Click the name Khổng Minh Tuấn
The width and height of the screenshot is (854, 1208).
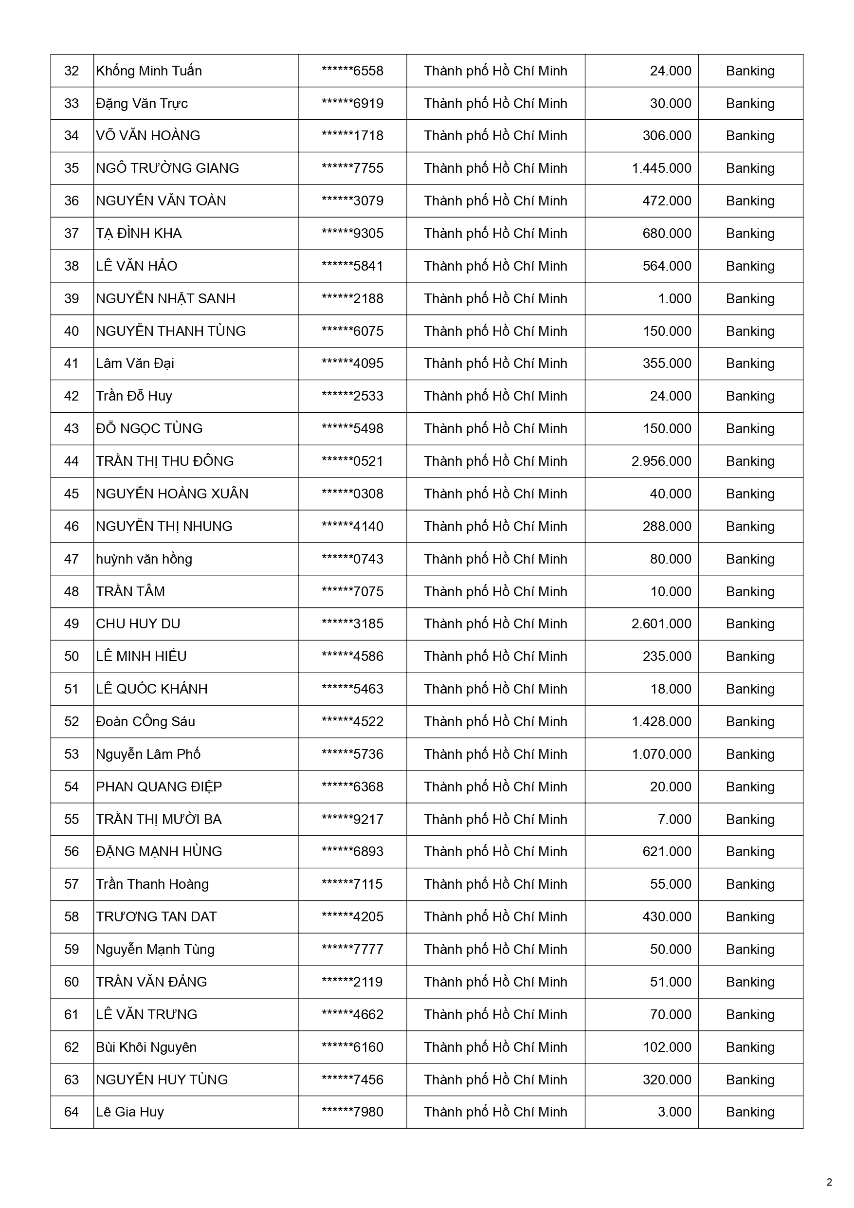pyautogui.click(x=149, y=71)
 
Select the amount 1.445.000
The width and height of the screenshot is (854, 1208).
pyautogui.click(x=661, y=168)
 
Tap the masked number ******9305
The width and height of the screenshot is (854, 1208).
pyautogui.click(x=352, y=234)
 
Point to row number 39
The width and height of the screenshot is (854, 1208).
pyautogui.click(x=72, y=299)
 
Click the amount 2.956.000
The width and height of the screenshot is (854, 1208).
pyautogui.click(x=661, y=461)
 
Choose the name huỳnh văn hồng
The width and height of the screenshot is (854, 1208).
pyautogui.click(x=144, y=559)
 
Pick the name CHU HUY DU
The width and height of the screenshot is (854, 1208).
pyautogui.click(x=138, y=624)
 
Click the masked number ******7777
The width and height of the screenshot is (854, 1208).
pyautogui.click(x=352, y=950)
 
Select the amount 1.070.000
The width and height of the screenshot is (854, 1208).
pyautogui.click(x=661, y=754)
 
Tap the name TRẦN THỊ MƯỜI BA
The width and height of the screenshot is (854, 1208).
pyautogui.click(x=159, y=820)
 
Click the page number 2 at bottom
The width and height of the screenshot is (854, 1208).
pyautogui.click(x=829, y=1182)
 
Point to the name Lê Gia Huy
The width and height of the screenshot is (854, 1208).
pyautogui.click(x=130, y=1112)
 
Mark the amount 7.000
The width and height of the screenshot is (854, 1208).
pyautogui.click(x=674, y=820)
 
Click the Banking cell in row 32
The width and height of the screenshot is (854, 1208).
pyautogui.click(x=750, y=71)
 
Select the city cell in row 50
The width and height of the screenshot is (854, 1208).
pyautogui.click(x=496, y=657)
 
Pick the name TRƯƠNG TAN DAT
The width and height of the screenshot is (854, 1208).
pyautogui.click(x=156, y=917)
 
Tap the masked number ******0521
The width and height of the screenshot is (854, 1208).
pyautogui.click(x=352, y=461)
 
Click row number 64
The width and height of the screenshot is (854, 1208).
pyautogui.click(x=72, y=1112)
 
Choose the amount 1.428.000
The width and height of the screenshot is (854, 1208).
pyautogui.click(x=661, y=722)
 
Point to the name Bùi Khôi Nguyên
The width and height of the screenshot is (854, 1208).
pyautogui.click(x=146, y=1047)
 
